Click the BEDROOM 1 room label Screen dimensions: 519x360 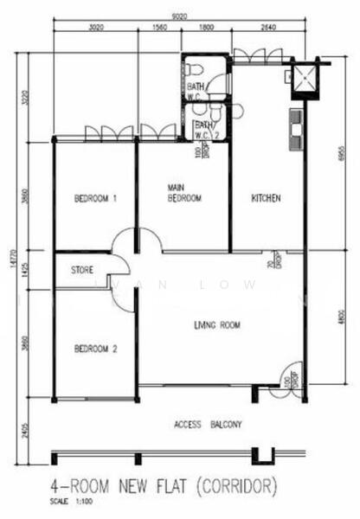(x=95, y=198)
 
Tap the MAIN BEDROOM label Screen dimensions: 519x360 (x=184, y=193)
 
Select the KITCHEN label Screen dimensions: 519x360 (x=266, y=198)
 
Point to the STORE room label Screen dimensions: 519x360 (x=82, y=270)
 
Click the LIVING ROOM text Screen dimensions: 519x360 (x=216, y=325)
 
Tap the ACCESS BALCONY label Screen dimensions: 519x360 (x=208, y=424)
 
